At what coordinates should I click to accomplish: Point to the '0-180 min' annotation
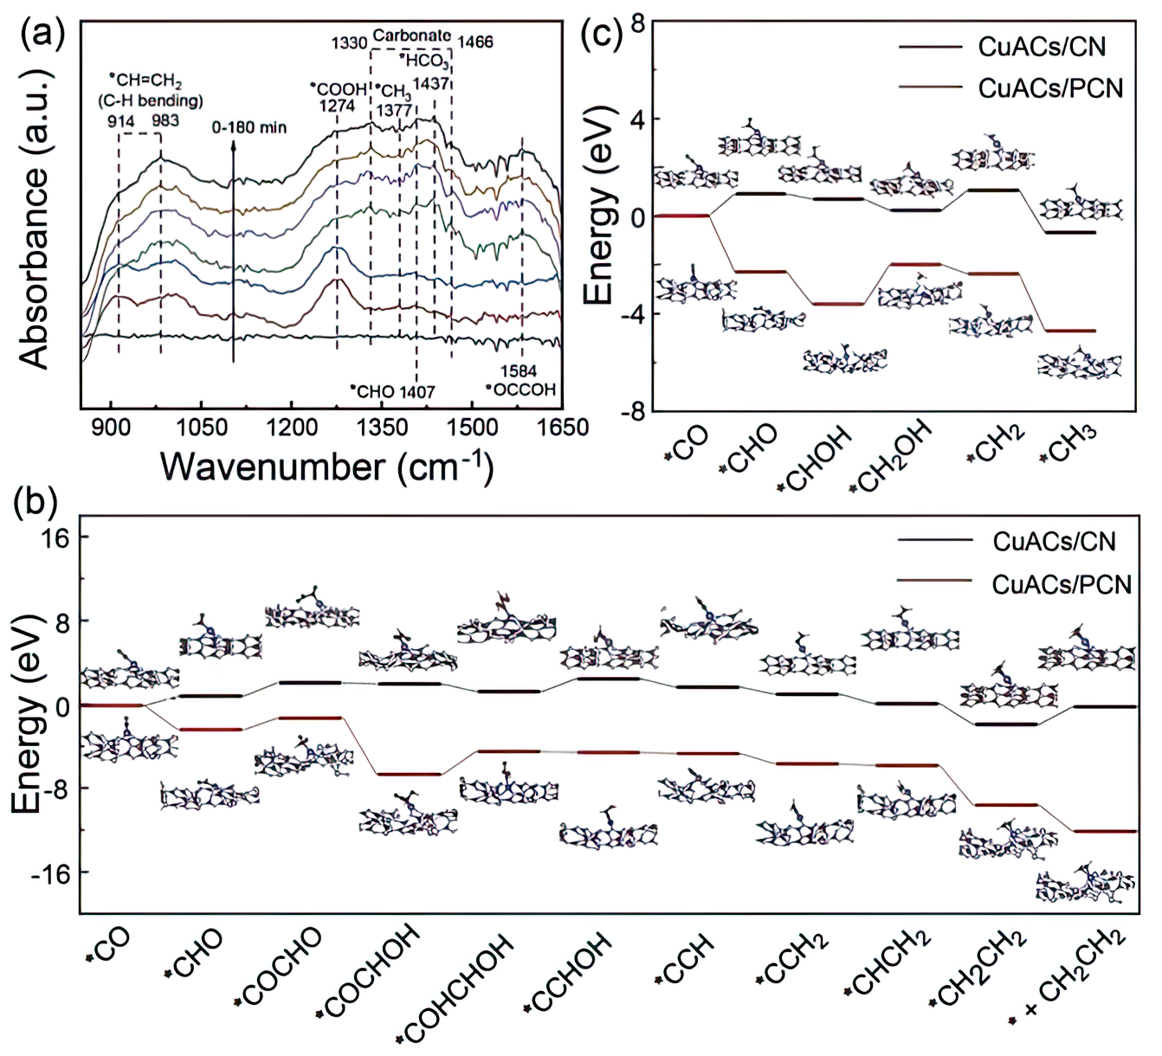click(x=249, y=127)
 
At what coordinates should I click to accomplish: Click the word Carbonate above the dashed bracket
click(x=411, y=36)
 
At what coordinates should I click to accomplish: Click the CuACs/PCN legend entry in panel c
click(x=1050, y=88)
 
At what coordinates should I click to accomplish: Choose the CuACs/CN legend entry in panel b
click(x=1054, y=542)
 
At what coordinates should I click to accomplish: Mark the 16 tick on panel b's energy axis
click(x=53, y=538)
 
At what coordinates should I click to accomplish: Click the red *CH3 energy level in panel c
click(x=1068, y=331)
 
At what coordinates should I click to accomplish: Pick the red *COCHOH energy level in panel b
click(x=408, y=774)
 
